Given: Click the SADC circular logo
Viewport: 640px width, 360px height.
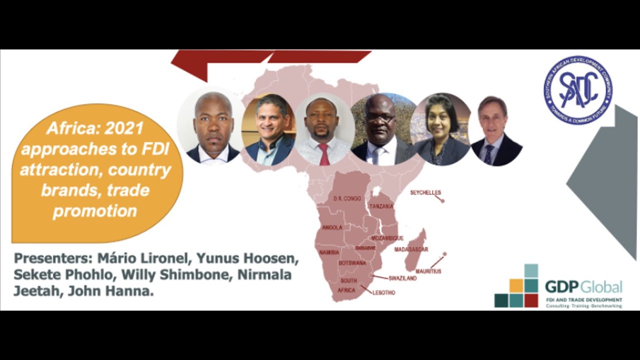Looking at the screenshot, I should (578, 90).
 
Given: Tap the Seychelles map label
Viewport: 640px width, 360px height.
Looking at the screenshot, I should (425, 192).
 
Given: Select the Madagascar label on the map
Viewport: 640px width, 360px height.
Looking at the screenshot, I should (411, 249).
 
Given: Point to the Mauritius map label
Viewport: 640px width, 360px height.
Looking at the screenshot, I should (428, 271).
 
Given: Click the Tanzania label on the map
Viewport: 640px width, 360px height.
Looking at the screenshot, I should (381, 206).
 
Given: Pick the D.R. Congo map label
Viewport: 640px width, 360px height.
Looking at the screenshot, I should (347, 198).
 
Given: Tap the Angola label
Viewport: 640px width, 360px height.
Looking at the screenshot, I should (332, 227).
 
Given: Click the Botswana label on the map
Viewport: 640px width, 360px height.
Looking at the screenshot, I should (352, 263).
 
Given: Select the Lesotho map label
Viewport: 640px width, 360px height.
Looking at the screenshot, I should (383, 292).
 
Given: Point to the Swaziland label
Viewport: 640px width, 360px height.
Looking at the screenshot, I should (402, 278).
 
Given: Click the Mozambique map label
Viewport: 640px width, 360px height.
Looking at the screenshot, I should (387, 238).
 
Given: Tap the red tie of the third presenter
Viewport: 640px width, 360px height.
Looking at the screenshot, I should (324, 154).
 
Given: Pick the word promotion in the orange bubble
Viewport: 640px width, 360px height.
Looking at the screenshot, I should (95, 211).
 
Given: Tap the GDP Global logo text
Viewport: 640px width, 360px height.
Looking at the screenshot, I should (583, 286).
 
